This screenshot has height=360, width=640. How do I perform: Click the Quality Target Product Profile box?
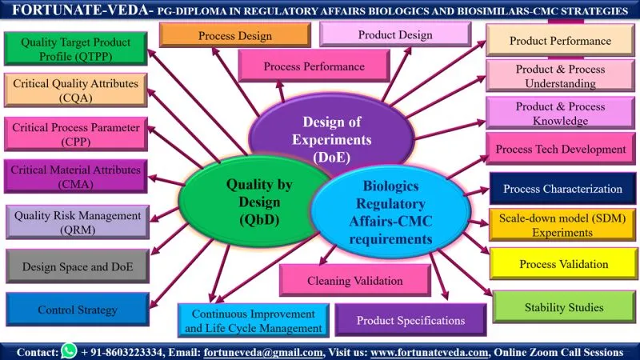75,48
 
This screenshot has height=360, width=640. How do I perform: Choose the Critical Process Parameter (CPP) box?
75,134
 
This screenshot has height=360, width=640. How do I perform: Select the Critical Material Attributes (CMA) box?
75,177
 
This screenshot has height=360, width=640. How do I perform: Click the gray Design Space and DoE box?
77,266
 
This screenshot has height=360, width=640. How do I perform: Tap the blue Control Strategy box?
77,310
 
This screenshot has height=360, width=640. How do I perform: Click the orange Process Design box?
234,36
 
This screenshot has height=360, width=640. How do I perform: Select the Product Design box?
394,35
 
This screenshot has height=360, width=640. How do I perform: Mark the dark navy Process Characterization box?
562,190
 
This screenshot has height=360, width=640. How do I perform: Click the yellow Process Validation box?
563,264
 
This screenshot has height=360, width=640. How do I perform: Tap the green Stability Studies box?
563,307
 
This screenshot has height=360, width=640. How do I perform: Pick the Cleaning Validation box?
354,281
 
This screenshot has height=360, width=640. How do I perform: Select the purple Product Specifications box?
410,320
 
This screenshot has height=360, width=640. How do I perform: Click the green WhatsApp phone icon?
69,351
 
